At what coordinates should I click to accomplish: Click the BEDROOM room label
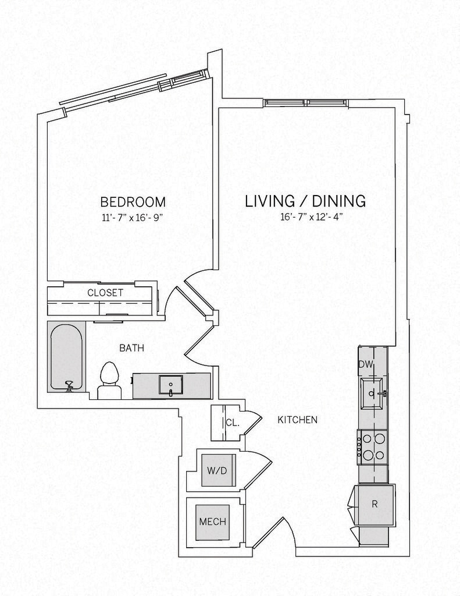tap(133, 201)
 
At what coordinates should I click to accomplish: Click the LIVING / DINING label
tap(305, 201)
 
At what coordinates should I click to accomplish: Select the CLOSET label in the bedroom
tap(105, 293)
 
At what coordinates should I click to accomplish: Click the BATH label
tap(132, 348)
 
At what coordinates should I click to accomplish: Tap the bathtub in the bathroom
tap(66, 357)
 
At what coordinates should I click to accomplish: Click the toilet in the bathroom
tap(109, 380)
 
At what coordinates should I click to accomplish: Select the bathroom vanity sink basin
tap(170, 385)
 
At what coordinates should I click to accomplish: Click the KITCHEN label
tap(297, 420)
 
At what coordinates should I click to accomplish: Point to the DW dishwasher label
tap(366, 364)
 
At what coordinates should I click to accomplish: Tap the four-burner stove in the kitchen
tap(372, 447)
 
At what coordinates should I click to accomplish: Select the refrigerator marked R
tap(375, 505)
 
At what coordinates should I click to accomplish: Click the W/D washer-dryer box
tap(217, 470)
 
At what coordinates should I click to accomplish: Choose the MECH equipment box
tap(213, 522)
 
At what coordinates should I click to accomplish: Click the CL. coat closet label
tap(233, 423)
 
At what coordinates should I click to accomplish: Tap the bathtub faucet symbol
tap(69, 386)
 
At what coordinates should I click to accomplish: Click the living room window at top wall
tap(305, 102)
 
